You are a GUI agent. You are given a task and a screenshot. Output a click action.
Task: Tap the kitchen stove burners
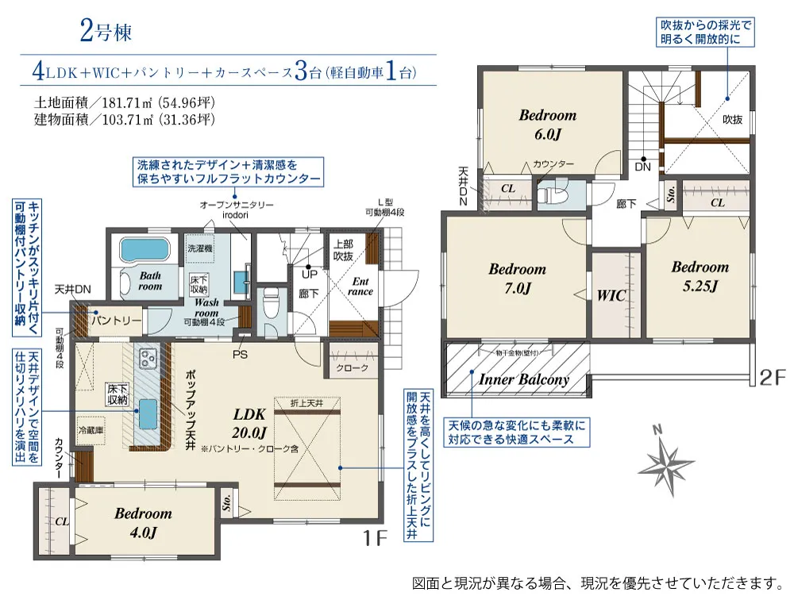[148, 359]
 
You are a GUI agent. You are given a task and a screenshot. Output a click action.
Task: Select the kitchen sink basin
[148, 410]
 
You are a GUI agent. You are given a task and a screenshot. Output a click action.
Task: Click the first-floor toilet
[270, 302]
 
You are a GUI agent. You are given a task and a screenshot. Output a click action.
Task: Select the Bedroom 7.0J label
[517, 278]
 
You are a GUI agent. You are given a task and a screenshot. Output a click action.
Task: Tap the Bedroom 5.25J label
[700, 276]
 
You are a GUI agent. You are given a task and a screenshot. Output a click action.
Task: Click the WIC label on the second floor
[611, 296]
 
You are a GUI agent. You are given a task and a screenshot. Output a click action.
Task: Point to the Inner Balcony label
[524, 379]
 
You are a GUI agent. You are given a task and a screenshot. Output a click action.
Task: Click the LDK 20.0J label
[249, 422]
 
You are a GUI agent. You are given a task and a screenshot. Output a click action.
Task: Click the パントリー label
[116, 320]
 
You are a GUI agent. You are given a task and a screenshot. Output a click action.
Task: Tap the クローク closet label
[352, 368]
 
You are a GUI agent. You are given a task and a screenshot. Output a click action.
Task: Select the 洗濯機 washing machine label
[200, 248]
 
